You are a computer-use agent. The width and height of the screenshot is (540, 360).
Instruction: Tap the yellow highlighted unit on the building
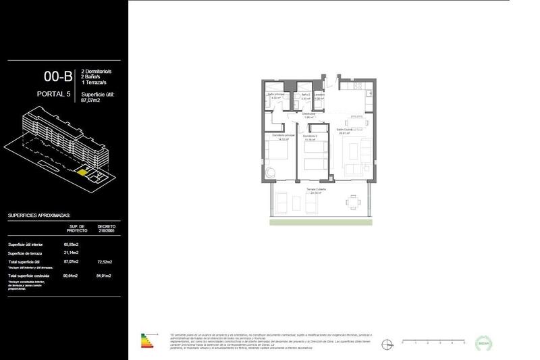82,172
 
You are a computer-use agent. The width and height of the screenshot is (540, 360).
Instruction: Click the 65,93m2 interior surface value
72,244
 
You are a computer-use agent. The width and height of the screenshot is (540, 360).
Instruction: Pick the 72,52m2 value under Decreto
105,261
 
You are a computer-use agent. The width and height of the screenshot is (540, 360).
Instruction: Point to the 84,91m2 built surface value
105,276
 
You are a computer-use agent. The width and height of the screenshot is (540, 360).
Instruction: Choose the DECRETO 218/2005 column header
107,228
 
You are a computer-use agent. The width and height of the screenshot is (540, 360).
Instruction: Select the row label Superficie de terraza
26,253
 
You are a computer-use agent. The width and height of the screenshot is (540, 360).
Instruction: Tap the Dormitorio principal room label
283,136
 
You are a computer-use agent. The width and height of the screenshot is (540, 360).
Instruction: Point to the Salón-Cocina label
345,130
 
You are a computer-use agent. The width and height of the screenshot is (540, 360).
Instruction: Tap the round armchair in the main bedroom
270,173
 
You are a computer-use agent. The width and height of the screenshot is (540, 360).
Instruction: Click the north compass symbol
387,343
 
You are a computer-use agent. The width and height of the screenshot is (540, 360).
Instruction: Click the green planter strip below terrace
321,222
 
